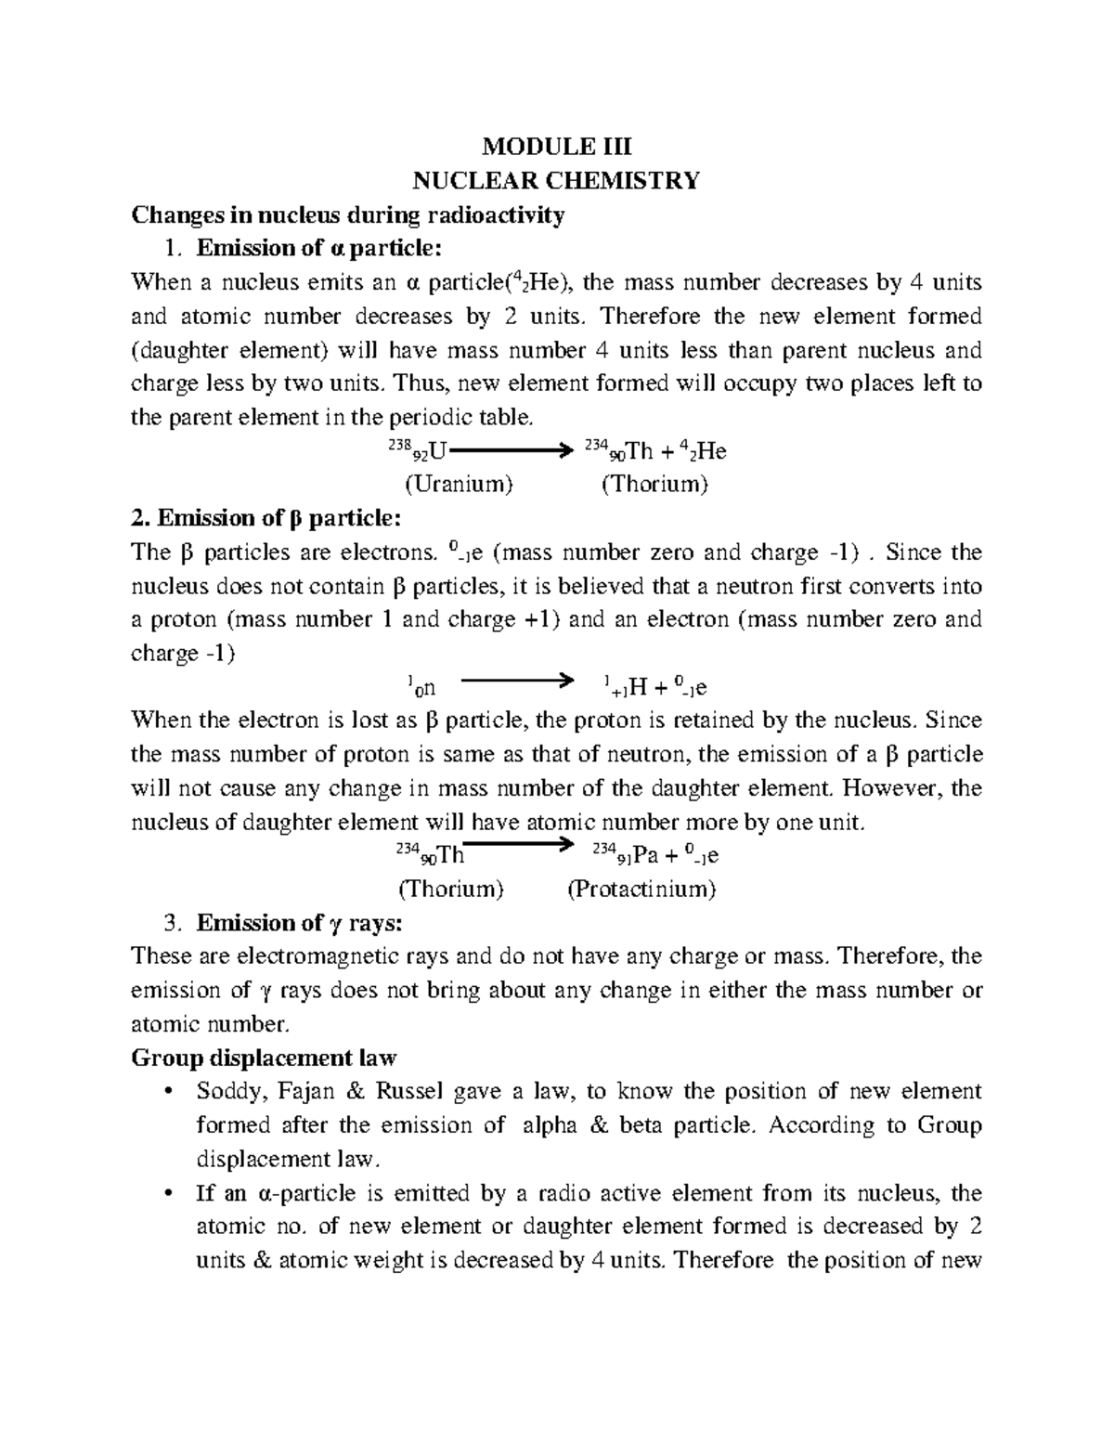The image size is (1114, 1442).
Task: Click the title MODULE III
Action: (556, 146)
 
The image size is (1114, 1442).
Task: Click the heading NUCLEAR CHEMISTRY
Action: (556, 180)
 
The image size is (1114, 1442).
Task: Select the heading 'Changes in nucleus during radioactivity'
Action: (347, 215)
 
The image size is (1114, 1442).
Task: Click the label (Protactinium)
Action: (641, 889)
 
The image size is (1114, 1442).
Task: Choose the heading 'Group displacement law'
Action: (264, 1058)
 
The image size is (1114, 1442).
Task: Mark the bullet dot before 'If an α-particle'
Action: (167, 1193)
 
